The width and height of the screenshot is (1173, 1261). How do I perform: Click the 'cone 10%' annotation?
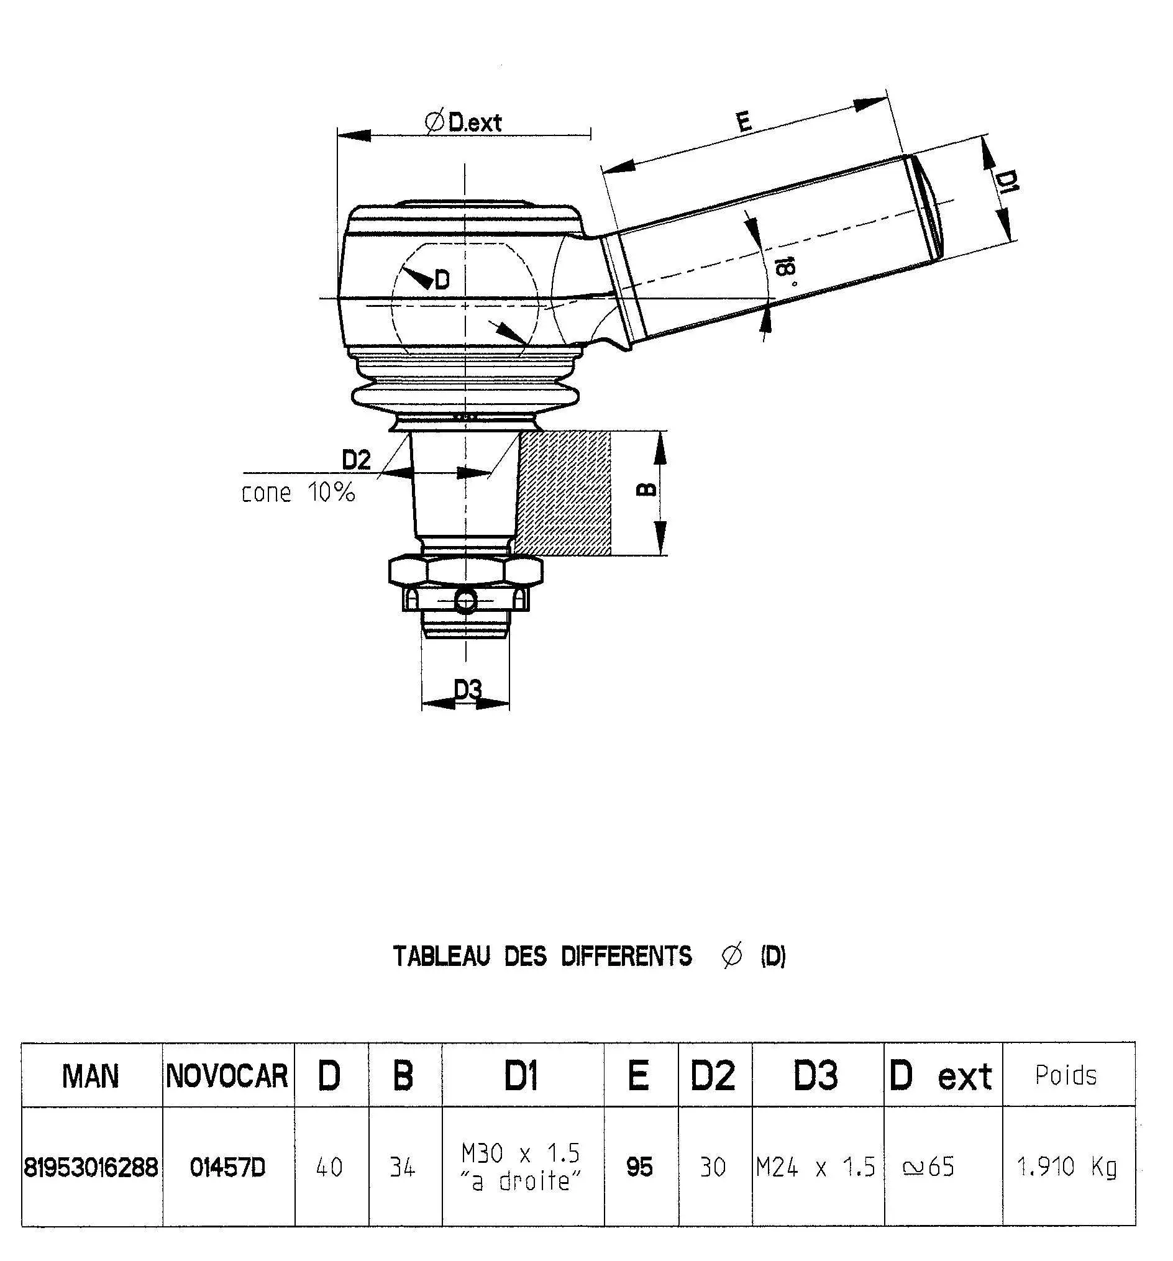298,493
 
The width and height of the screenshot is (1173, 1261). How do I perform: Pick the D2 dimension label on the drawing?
356,460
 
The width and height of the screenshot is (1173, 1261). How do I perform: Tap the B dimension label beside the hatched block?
646,489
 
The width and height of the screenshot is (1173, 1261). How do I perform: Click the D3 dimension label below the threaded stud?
468,689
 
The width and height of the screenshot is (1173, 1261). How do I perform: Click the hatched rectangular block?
565,493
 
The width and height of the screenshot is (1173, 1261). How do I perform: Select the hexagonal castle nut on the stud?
465,571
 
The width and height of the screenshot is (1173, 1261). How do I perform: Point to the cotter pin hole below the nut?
465,600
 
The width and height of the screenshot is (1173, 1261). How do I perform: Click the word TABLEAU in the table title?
441,956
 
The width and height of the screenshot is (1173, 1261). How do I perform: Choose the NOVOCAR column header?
227,1077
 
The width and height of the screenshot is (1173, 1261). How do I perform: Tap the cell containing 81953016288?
91,1167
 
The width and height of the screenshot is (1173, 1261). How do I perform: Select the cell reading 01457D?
227,1167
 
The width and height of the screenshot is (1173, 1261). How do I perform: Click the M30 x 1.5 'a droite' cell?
521,1167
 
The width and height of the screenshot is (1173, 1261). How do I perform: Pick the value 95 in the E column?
639,1167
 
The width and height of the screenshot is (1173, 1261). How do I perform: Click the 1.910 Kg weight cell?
1066,1167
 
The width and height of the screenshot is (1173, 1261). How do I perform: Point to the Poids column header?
1066,1075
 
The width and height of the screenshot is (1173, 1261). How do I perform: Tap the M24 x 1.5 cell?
815,1167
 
